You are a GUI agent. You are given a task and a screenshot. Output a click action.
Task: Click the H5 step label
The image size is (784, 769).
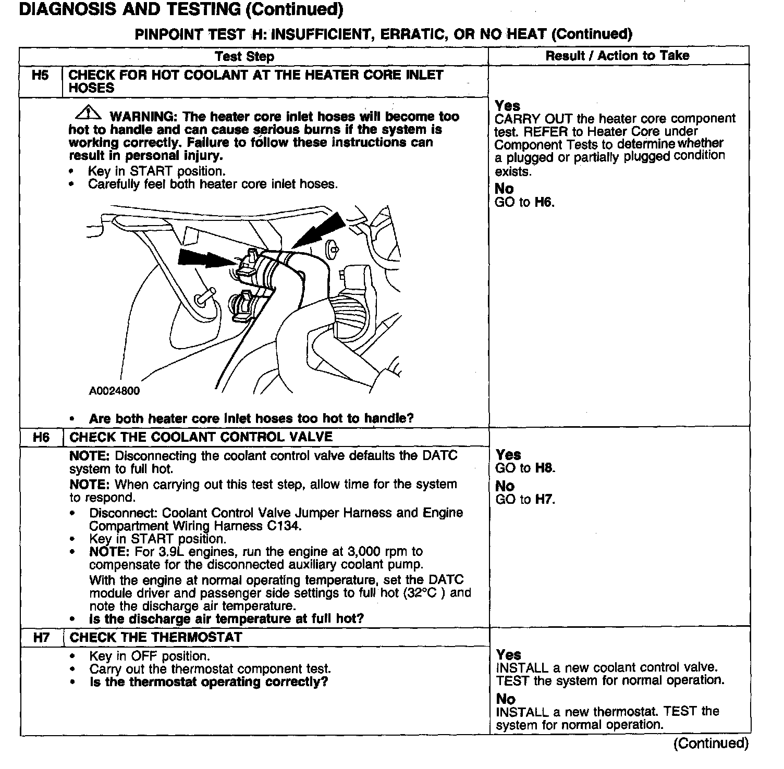40,76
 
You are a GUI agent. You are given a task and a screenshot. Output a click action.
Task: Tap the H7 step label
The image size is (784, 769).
41,638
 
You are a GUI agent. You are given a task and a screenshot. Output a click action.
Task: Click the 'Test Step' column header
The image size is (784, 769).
244,56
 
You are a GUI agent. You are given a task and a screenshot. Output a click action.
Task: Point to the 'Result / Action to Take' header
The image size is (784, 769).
617,56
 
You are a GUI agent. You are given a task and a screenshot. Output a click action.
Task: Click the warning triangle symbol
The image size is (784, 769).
88,113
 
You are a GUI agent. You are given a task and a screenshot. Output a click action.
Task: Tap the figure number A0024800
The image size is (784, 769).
114,391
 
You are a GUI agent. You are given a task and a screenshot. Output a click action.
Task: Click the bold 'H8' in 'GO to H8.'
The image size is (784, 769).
545,468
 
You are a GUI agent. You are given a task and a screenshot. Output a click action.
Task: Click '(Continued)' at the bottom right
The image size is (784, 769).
710,743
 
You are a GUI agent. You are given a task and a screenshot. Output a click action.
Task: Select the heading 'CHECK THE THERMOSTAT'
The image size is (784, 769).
156,638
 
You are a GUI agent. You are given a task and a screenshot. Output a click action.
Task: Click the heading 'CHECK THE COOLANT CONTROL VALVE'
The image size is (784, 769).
201,437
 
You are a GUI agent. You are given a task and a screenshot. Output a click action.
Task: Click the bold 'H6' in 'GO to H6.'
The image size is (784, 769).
544,202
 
